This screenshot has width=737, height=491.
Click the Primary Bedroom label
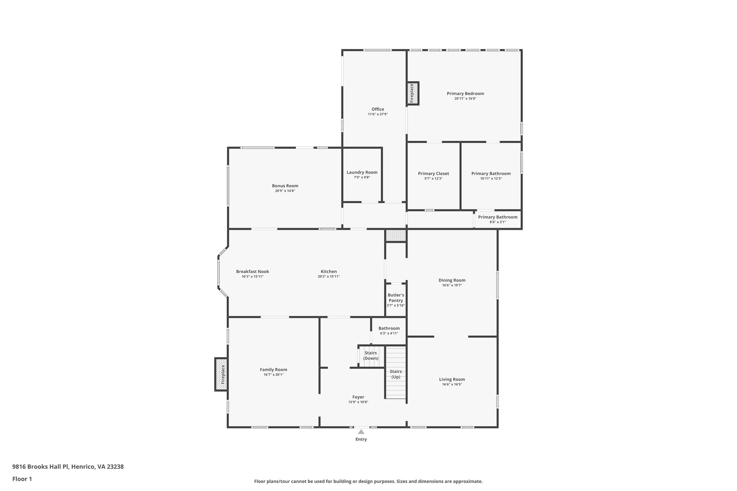pos(465,94)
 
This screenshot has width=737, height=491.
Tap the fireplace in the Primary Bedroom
pos(413,93)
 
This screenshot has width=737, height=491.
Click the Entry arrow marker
pos(361,432)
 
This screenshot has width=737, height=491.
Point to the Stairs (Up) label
pos(396,374)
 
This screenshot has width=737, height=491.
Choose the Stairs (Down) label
pos(371,355)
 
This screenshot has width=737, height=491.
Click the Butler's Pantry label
pos(396,297)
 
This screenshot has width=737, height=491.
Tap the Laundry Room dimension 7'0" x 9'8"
pos(362,177)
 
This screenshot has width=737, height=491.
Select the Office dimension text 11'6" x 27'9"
pos(378,114)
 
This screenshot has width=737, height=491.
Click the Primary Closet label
pos(433,173)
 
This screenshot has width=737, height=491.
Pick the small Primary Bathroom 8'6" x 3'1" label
pos(498,217)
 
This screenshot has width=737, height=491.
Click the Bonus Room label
pos(285,186)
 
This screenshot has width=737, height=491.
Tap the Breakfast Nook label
pos(253,272)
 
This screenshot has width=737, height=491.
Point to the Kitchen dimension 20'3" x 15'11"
pos(329,277)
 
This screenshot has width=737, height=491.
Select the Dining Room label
pos(452,280)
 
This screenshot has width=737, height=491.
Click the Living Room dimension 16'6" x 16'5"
pos(452,384)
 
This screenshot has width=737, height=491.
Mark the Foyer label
pos(358,397)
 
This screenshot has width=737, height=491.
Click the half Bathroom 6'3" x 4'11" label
pos(389,328)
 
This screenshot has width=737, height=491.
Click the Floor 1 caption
pos(22,479)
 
